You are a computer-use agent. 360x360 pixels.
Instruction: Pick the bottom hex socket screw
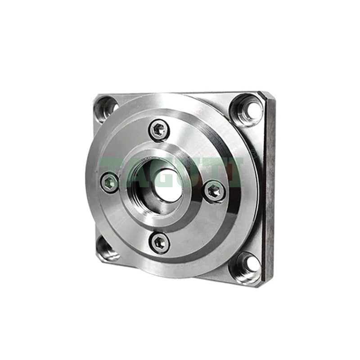pyautogui.click(x=160, y=243)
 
